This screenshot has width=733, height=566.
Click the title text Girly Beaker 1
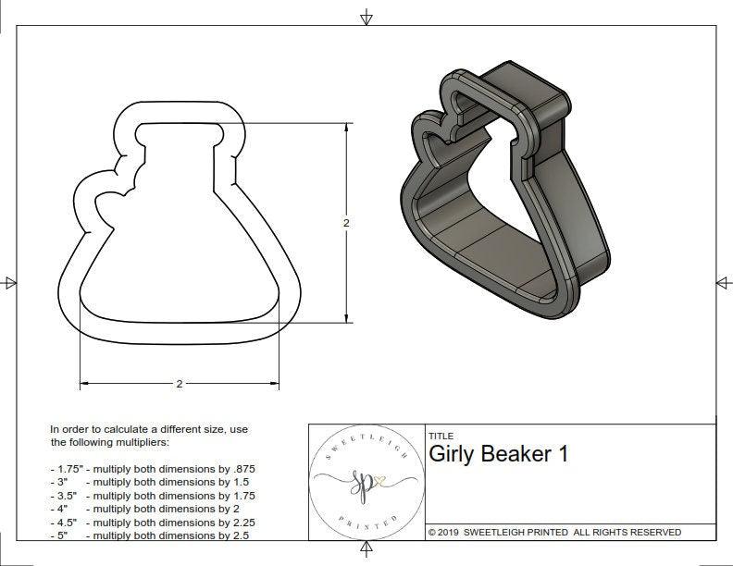point(498,454)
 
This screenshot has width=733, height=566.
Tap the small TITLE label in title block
point(440,436)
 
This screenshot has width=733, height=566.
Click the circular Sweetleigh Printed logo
point(366,482)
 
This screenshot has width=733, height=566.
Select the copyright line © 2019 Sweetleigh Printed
point(554,532)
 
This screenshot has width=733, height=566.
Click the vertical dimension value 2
point(346,223)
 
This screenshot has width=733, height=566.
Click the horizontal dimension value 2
point(179,383)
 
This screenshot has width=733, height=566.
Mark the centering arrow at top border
point(367,18)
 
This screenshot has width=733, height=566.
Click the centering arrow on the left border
point(10,283)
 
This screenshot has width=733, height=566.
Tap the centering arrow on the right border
point(723,283)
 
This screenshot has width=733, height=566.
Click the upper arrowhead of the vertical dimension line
point(347,128)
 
